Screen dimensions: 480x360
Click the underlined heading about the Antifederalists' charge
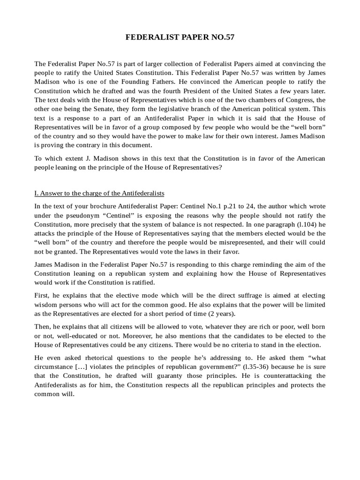tap(99, 194)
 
